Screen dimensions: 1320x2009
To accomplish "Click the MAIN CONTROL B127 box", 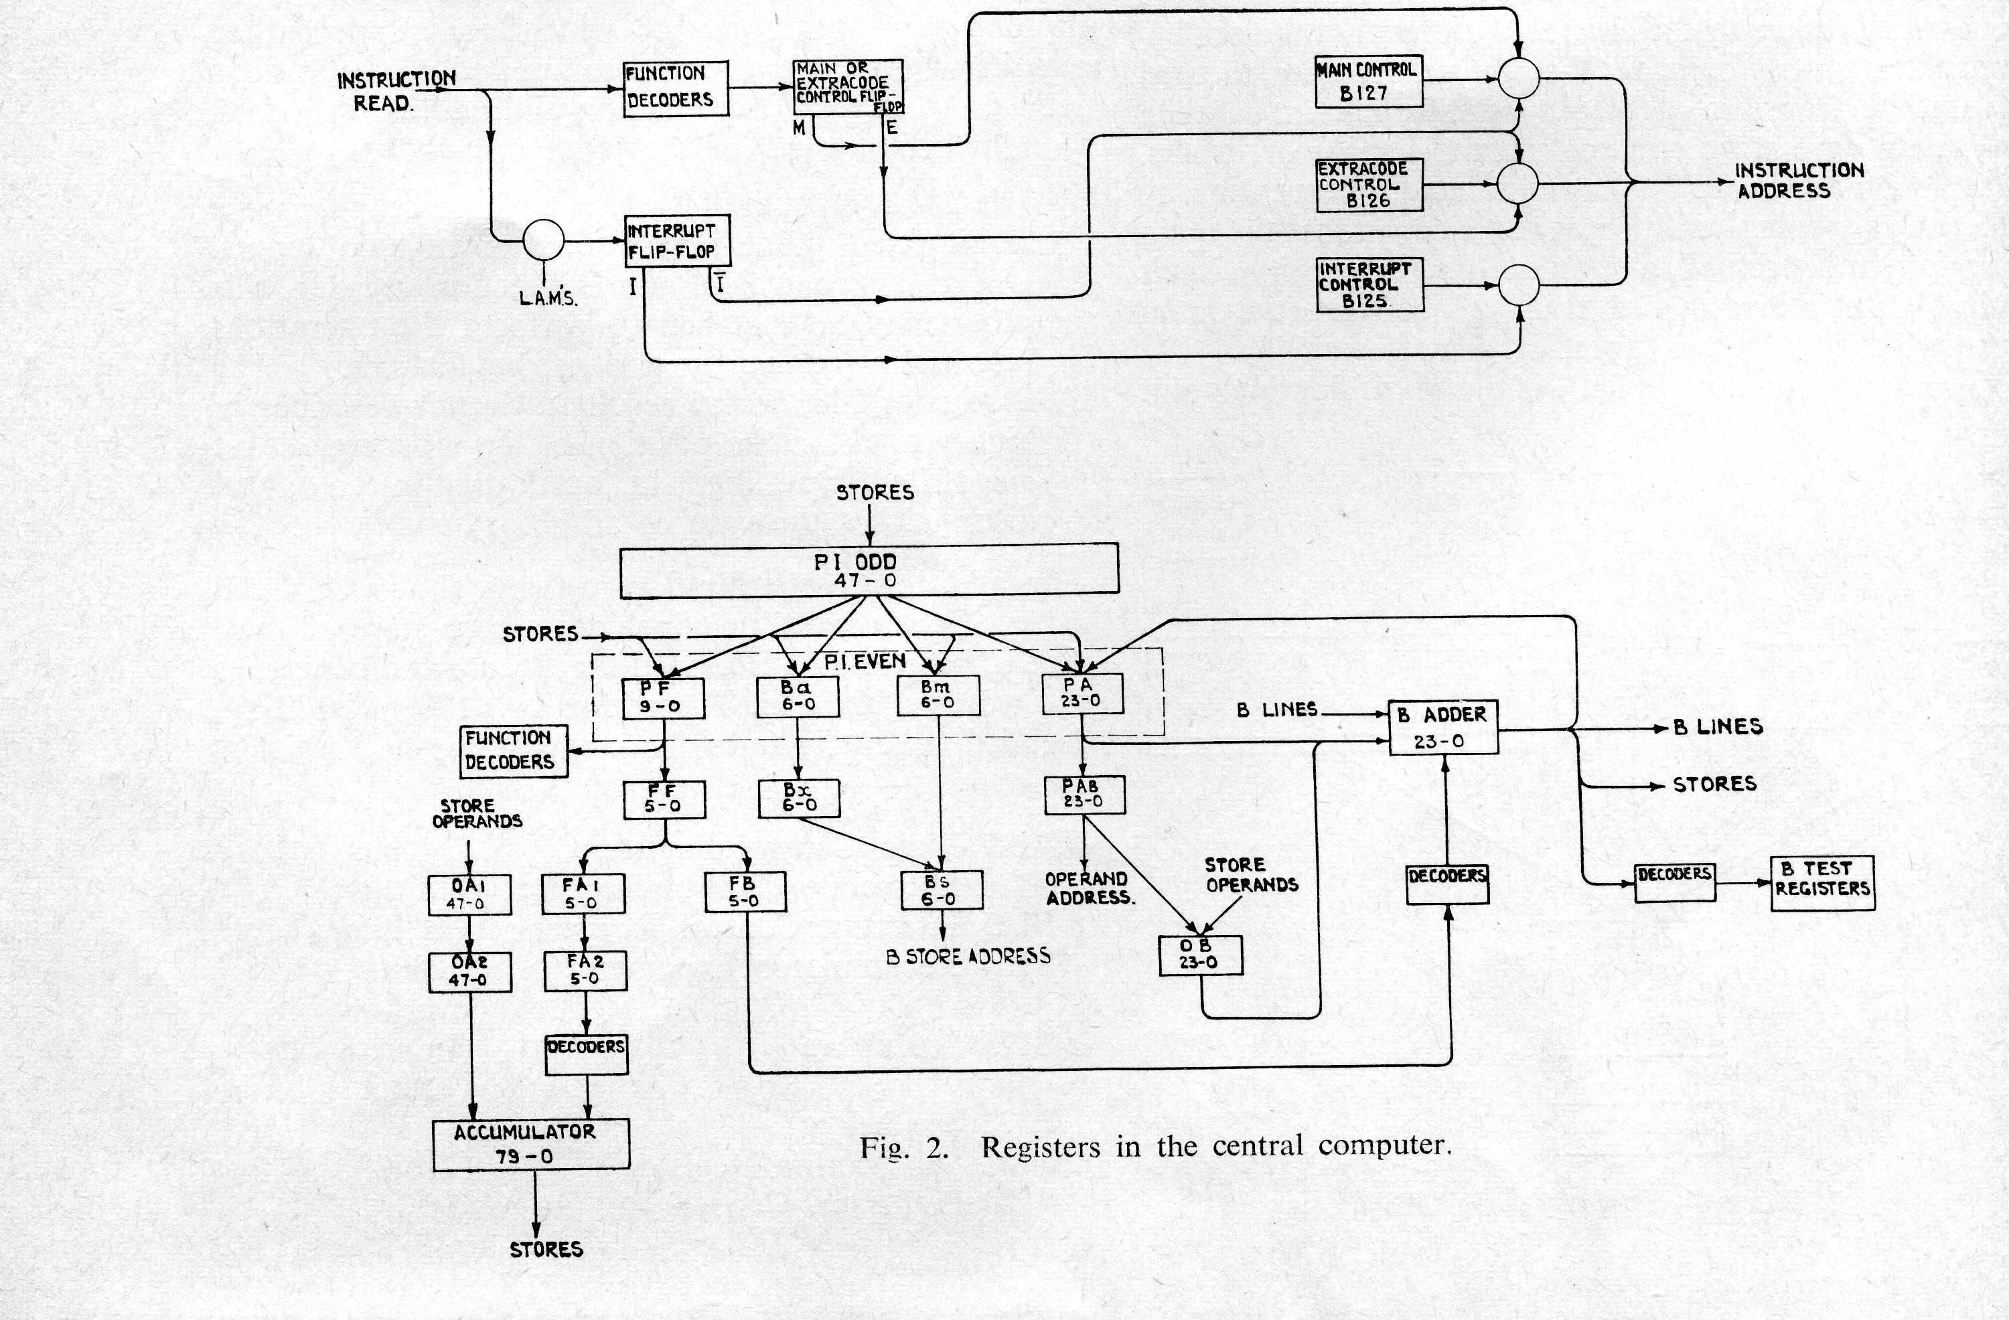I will click(x=1368, y=82).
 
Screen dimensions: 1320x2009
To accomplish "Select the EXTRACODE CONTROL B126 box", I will click(x=1368, y=185).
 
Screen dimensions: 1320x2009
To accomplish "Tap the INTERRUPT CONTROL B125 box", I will click(x=1369, y=285).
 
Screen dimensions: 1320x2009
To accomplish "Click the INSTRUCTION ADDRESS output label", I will click(x=1798, y=181).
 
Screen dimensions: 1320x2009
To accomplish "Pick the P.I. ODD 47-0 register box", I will click(x=869, y=570).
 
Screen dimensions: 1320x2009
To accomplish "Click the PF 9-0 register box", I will click(x=664, y=697).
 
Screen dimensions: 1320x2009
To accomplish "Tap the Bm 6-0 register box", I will click(x=937, y=695).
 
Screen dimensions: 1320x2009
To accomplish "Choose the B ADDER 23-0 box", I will click(x=1442, y=727).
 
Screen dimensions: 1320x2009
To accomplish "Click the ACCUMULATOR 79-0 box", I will click(x=531, y=1145).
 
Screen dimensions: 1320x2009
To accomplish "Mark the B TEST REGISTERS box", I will click(x=1821, y=882).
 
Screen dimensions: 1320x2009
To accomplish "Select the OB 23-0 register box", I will click(x=1199, y=955).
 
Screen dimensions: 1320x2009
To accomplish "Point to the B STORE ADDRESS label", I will click(x=968, y=957).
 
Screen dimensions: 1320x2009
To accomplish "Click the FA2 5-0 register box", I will click(x=585, y=971).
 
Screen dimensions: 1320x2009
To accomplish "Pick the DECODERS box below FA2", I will click(x=586, y=1055).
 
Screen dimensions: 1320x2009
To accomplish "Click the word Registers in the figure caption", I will click(x=1040, y=1147).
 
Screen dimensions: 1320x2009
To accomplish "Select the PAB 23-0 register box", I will click(x=1084, y=794).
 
